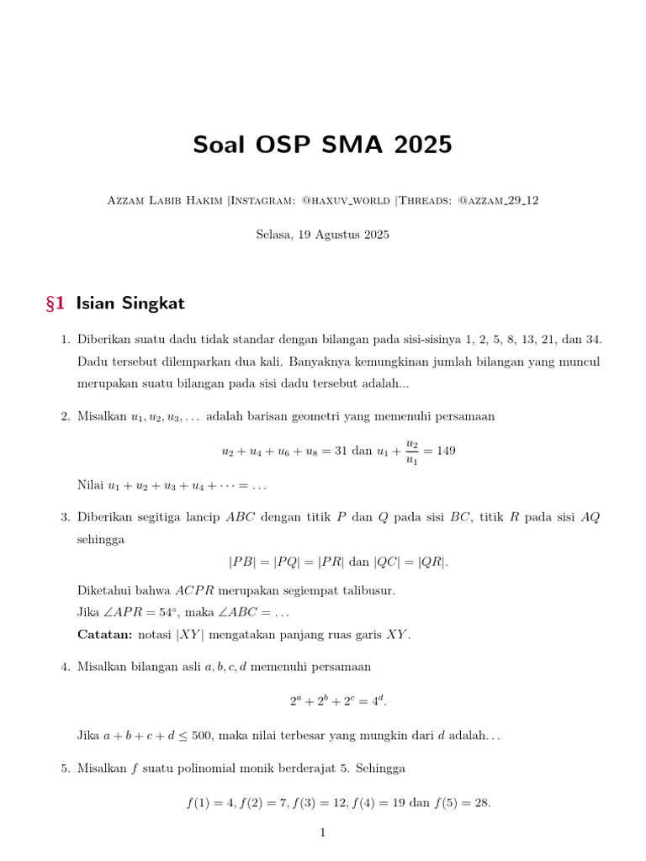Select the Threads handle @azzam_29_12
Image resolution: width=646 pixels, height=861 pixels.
(x=499, y=200)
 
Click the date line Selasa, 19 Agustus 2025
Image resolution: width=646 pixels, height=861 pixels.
(x=322, y=235)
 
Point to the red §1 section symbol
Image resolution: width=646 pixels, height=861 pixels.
(x=56, y=303)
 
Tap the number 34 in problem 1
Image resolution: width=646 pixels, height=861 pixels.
(x=593, y=340)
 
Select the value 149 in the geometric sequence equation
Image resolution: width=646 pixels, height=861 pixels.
(x=446, y=451)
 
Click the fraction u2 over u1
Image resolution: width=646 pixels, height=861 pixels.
(x=411, y=450)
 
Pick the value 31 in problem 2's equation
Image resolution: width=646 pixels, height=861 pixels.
(x=341, y=451)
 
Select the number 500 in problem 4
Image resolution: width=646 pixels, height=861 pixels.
(x=202, y=736)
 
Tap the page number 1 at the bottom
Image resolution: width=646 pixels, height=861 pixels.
(x=322, y=833)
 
